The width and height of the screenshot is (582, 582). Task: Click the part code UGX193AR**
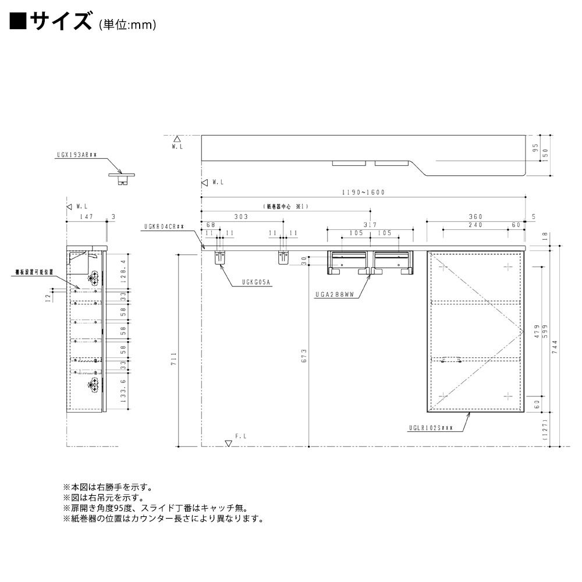[77, 156]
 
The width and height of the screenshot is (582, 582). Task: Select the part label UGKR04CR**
[165, 228]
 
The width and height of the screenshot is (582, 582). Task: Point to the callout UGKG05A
[257, 283]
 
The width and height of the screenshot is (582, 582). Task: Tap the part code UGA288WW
[340, 296]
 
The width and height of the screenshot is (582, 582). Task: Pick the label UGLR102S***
[431, 430]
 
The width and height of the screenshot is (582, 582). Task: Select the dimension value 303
[242, 217]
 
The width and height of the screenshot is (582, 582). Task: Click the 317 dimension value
[370, 225]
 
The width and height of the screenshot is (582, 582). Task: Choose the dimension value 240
[477, 225]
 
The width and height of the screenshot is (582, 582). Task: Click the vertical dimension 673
[304, 356]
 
